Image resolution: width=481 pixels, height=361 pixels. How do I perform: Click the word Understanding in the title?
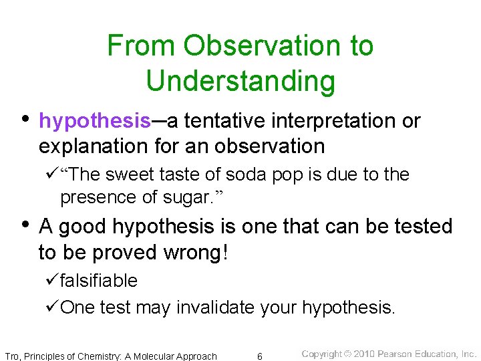(x=240, y=81)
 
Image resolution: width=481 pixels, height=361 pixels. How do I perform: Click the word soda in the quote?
(x=245, y=174)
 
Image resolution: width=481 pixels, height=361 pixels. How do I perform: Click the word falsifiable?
(x=98, y=281)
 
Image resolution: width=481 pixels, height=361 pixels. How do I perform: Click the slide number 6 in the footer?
(x=260, y=356)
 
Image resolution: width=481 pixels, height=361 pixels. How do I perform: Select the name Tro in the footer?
(x=12, y=356)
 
